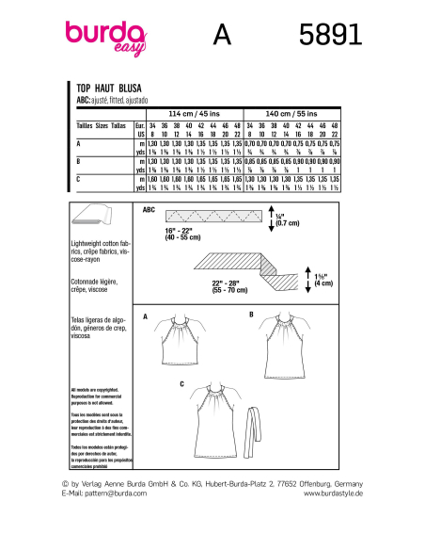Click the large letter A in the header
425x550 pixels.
222,35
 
